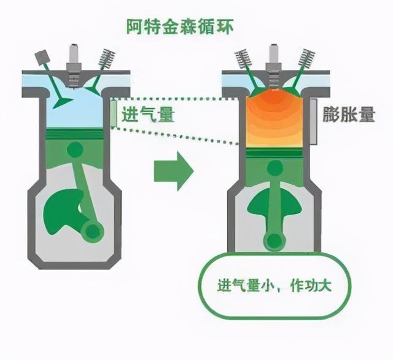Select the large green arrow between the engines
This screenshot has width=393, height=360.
point(173,171)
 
